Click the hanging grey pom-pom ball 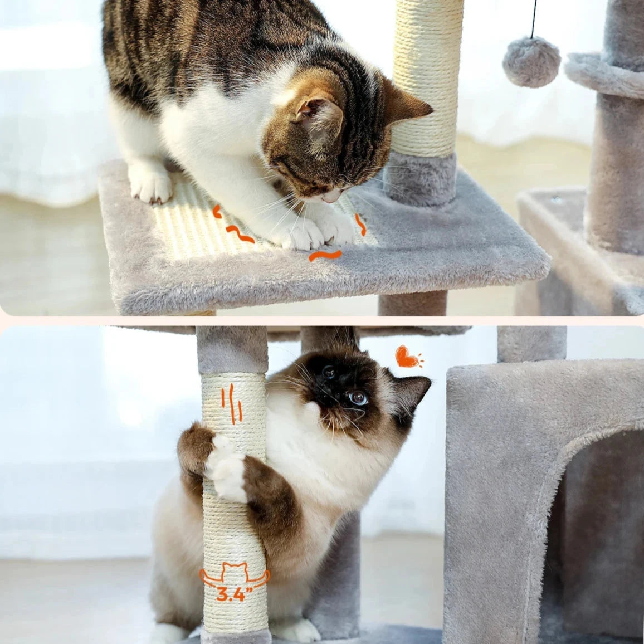(x=531, y=62)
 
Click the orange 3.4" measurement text (x=235, y=594)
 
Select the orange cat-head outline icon (x=235, y=572)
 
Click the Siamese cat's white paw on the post (x=226, y=469)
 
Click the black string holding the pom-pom (x=534, y=19)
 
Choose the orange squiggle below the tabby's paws (x=325, y=255)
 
